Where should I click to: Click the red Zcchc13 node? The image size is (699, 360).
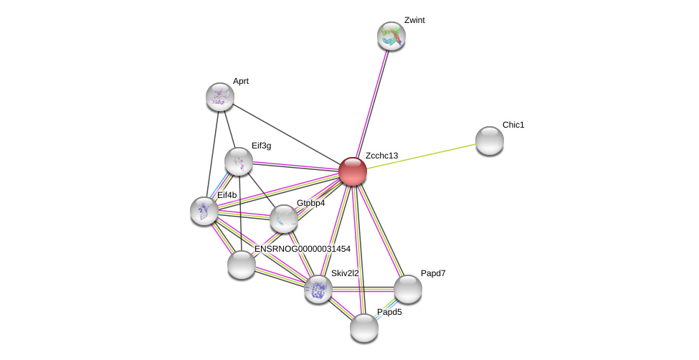[353, 171]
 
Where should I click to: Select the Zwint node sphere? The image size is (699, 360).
[391, 36]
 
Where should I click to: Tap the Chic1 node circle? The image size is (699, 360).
[490, 141]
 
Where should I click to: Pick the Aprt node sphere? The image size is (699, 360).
[220, 97]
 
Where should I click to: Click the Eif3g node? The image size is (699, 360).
[239, 161]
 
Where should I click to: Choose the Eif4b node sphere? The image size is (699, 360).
[204, 211]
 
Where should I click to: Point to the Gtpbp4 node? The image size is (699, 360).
[284, 219]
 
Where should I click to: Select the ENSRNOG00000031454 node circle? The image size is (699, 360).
[242, 265]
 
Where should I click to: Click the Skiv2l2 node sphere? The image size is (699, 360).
[318, 289]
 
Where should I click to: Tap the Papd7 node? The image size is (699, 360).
[408, 289]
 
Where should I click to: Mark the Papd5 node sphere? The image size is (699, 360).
[364, 328]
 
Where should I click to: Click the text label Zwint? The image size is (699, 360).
[414, 20]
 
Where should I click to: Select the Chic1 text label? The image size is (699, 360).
[513, 125]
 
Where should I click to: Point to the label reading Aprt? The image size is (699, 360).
[241, 81]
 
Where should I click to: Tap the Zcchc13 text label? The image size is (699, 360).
[381, 156]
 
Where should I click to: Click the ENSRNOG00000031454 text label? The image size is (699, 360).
[303, 249]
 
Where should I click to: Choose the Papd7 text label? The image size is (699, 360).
[433, 273]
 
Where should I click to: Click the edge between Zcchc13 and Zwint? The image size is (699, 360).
[372, 104]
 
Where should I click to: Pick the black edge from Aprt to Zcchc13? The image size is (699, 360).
[287, 134]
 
